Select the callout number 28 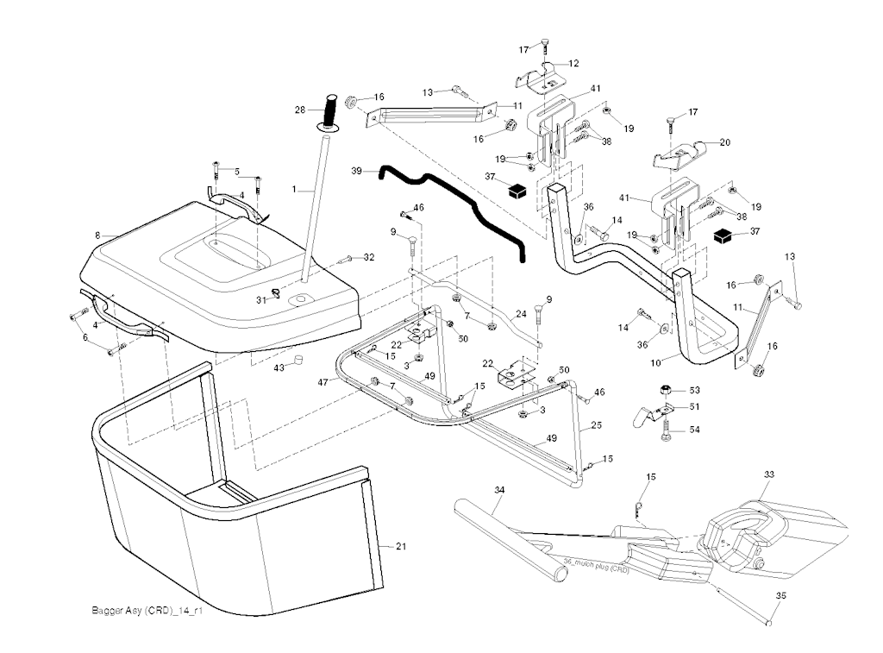[x=300, y=110]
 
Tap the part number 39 [x=358, y=172]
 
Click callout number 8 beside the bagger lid [x=98, y=235]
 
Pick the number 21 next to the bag [x=400, y=546]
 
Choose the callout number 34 [x=498, y=489]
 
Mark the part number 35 [x=780, y=595]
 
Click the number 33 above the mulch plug [x=769, y=474]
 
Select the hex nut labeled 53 [x=667, y=388]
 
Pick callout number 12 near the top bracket [x=573, y=63]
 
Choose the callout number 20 [x=724, y=142]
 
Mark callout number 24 [x=521, y=313]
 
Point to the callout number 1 [x=294, y=187]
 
